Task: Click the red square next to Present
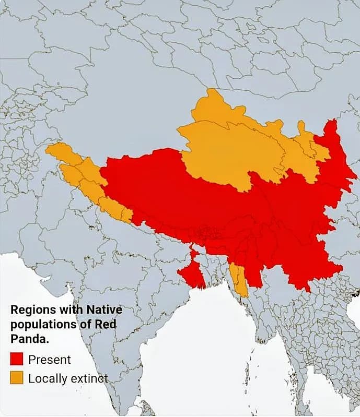(17, 359)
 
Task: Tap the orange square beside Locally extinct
(17, 378)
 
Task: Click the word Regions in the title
(32, 309)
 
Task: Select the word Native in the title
(103, 309)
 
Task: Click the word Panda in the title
(28, 338)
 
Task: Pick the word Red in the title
(106, 324)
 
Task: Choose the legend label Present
(50, 360)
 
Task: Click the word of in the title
(85, 324)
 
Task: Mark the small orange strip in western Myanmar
(238, 279)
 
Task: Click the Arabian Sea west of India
(31, 282)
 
